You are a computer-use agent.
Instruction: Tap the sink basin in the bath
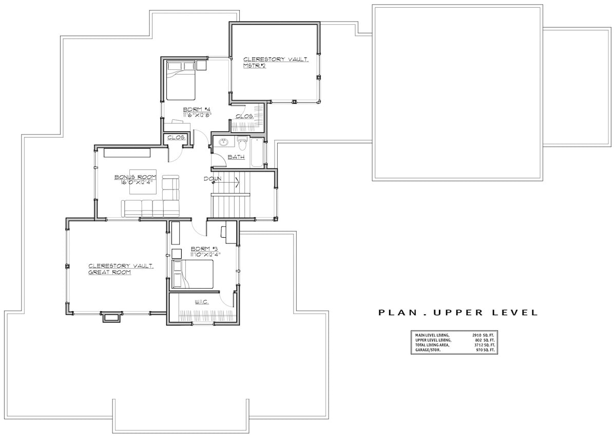click(x=224, y=142)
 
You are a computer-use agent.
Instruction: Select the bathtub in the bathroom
click(x=257, y=152)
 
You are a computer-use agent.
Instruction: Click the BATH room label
click(x=236, y=157)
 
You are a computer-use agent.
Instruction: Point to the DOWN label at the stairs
click(x=212, y=179)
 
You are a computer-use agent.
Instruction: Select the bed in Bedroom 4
click(x=180, y=81)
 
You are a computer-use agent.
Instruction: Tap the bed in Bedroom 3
click(x=192, y=274)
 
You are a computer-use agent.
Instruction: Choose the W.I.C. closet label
click(x=202, y=302)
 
